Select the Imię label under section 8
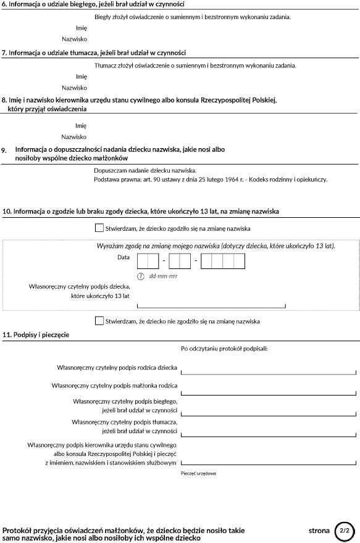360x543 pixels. point(80,125)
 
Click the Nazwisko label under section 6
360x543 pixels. point(74,38)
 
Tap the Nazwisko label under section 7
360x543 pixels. point(74,88)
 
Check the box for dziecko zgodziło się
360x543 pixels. point(99,228)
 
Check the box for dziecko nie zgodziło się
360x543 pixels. point(99,321)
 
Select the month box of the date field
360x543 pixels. point(179,262)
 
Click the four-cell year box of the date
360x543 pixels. point(223,262)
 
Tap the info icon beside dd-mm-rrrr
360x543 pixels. point(141,276)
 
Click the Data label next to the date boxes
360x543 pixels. point(123,257)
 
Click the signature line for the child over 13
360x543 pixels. point(211,305)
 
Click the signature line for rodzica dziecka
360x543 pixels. point(268,372)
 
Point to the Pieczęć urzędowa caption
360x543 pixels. point(198,473)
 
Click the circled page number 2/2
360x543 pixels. point(345,530)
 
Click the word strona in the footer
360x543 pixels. point(319,530)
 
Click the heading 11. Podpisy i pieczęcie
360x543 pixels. point(36,334)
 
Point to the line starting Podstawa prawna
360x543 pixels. point(211,180)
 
